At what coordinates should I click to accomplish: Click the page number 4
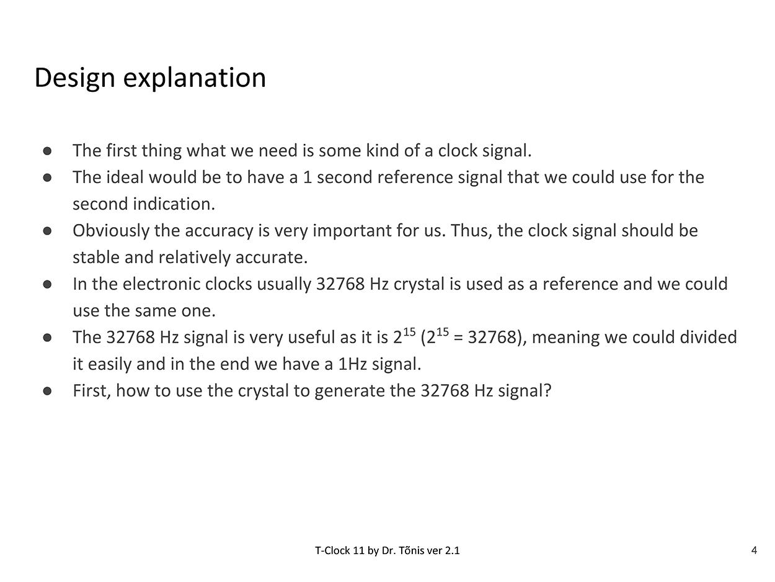point(754,550)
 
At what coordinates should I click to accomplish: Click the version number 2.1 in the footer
point(453,550)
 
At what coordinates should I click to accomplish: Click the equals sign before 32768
point(458,338)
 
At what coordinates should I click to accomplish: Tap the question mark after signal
point(547,391)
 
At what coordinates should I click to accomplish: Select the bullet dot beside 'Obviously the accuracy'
point(48,231)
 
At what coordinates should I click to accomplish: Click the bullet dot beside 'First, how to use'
point(48,391)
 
